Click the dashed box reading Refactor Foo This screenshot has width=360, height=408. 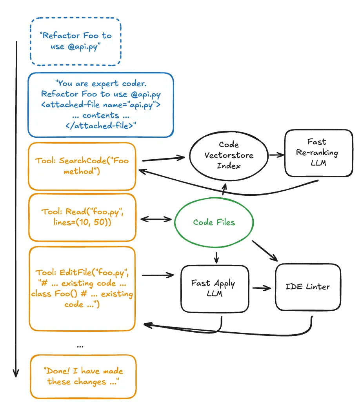click(75, 41)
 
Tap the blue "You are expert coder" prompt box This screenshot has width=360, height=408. click(100, 105)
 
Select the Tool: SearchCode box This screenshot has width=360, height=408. click(82, 166)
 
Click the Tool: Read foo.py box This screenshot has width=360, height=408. click(82, 217)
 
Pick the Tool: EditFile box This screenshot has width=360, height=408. click(82, 288)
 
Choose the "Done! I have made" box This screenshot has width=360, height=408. click(83, 376)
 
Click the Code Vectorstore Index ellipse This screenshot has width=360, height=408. click(223, 155)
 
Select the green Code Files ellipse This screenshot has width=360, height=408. click(214, 222)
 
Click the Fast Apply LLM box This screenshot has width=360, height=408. click(214, 288)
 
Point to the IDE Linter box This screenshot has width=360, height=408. click(308, 287)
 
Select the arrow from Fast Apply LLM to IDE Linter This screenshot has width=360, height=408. click(262, 288)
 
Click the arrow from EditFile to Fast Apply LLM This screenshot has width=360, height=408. click(158, 275)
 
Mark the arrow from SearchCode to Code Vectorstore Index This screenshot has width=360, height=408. click(163, 159)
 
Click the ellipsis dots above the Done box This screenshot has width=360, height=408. click(80, 346)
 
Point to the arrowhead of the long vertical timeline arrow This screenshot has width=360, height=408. click(16, 373)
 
